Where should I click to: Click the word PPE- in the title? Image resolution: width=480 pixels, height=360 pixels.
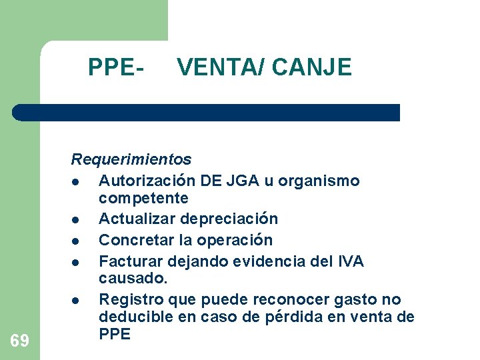pos(117,67)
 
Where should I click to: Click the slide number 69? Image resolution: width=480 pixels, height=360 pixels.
pos(20,341)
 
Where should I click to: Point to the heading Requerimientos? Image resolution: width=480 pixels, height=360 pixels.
pos(131,159)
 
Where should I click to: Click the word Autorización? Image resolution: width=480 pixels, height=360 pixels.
pos(147,181)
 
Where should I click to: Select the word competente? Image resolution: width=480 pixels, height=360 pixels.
pos(143,198)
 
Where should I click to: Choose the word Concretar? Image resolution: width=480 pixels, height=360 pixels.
pos(133,239)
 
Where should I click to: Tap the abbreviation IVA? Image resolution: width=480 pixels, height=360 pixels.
pos(349,261)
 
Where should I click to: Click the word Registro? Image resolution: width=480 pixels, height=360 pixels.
pos(127,299)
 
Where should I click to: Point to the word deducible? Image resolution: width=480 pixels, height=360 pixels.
pos(133,316)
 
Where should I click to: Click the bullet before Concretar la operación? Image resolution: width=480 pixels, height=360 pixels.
pos(77,241)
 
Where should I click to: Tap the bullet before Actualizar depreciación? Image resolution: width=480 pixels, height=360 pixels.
pos(77,220)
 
